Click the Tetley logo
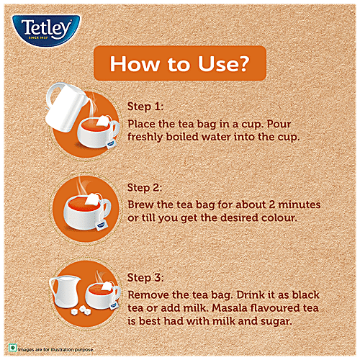point(46,30)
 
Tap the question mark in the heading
point(242,63)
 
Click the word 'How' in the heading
point(135,63)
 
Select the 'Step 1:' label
point(145,107)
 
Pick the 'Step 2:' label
point(145,188)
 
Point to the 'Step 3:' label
point(145,278)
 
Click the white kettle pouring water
point(65,107)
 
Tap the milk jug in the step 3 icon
point(65,291)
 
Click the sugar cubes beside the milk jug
point(81,311)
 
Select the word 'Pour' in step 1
point(279,124)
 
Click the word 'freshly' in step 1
point(145,138)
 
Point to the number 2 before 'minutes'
point(272,204)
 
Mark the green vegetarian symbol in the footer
point(12,348)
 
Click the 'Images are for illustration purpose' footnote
point(55,349)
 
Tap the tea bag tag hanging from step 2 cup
point(101,225)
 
